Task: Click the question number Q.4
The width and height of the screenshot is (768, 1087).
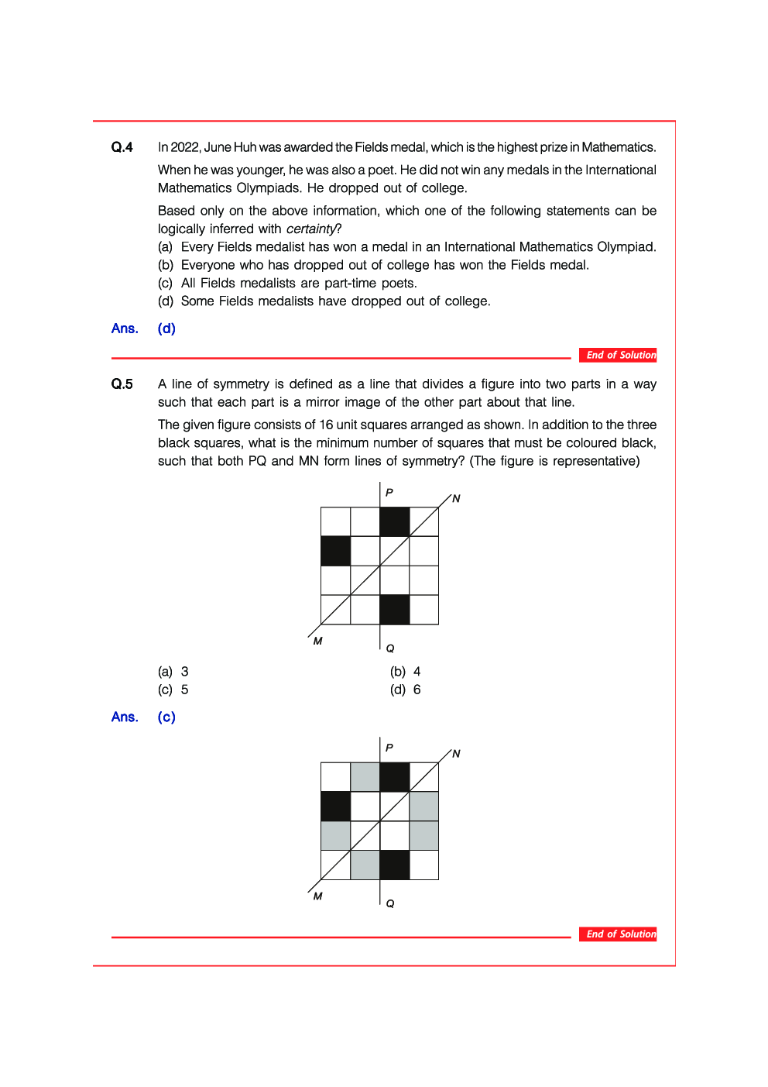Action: coord(122,147)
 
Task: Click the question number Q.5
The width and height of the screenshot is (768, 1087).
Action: coord(122,384)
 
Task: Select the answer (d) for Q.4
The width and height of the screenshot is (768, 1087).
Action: coord(166,329)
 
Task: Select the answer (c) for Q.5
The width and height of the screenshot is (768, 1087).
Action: coord(166,717)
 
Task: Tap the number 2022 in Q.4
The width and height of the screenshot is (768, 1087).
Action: coord(185,147)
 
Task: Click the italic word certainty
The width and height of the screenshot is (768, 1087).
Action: coord(311,229)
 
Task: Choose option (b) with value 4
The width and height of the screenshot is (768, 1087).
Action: coord(406,672)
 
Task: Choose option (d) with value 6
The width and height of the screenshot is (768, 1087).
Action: coord(406,690)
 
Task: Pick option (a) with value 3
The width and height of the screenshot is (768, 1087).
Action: coord(173,672)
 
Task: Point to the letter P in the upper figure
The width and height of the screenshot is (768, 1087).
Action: coord(389,493)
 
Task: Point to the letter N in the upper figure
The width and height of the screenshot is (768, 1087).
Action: coord(456,499)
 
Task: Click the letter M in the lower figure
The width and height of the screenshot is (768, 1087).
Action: coord(317,896)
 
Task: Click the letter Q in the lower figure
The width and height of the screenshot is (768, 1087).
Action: coord(390,903)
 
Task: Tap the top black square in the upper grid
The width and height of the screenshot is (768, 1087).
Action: coord(395,521)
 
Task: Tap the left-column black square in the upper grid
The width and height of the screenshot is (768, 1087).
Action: coord(335,551)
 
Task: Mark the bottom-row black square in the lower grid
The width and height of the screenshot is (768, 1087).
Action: coord(395,865)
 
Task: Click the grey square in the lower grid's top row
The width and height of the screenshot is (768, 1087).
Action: coord(365,777)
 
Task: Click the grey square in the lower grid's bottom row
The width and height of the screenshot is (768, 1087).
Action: coord(365,865)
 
